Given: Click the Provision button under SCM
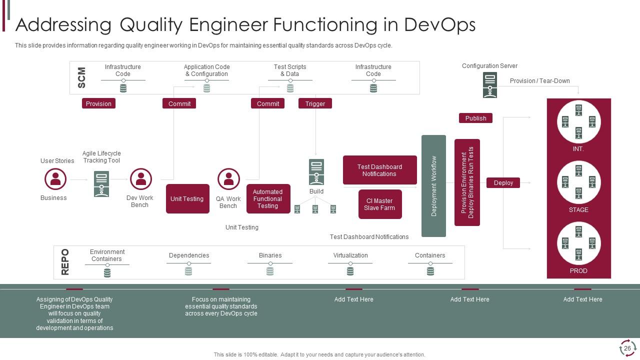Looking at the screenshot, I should [x=98, y=103].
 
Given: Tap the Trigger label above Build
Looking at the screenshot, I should [x=315, y=103].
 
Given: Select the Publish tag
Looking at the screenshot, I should [x=475, y=118].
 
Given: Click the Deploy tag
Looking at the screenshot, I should [x=503, y=182].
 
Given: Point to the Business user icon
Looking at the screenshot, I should [x=55, y=179].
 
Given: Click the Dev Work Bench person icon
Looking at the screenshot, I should [x=141, y=179].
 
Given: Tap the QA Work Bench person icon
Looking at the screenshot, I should [x=228, y=179].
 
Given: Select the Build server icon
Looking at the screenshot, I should [x=316, y=172].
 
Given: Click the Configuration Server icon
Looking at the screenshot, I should [x=490, y=85].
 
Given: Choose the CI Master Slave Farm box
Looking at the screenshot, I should [x=380, y=204].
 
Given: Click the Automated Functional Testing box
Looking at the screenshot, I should [x=268, y=198].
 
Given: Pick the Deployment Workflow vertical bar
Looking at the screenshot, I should [x=433, y=186].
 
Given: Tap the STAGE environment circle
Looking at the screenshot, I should [x=578, y=182].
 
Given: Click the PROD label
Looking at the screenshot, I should [x=578, y=270].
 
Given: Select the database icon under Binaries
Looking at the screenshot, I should [x=270, y=271].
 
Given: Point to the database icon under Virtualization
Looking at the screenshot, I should [x=350, y=271].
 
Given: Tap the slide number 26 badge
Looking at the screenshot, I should [x=627, y=348].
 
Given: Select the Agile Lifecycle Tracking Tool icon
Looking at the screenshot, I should [x=101, y=184].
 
